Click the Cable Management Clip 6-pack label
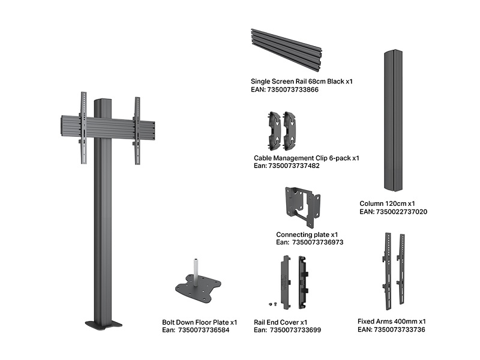coord(306,158)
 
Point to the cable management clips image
coord(282,130)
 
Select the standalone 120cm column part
coord(395,121)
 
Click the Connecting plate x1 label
coord(307,235)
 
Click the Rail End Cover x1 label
coord(280,322)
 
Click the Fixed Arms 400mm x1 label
coord(391,321)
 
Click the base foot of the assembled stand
coord(104,325)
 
